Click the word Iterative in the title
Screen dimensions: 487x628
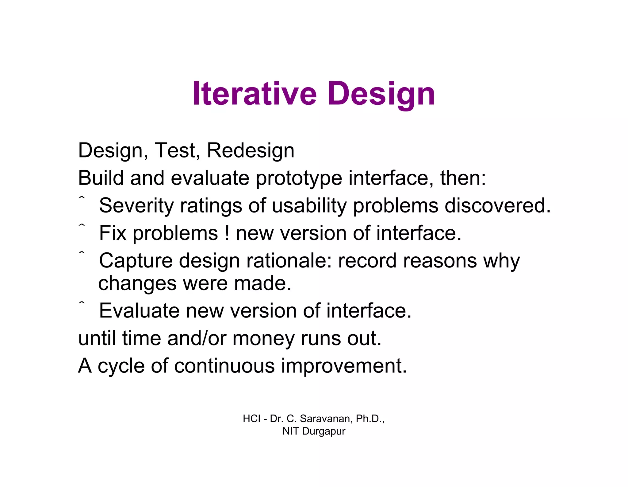point(254,94)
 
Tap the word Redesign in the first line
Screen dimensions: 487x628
point(251,150)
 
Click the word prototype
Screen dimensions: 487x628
point(299,178)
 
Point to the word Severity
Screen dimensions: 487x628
point(136,206)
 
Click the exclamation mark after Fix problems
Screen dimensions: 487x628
point(227,233)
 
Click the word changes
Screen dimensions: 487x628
point(137,283)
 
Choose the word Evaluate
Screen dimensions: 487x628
point(139,311)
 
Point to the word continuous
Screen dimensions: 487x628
point(224,366)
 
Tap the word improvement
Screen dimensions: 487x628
point(344,366)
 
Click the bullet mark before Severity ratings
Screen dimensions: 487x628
point(82,198)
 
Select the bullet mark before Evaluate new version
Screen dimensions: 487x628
point(82,303)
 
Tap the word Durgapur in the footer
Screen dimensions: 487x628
point(324,431)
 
